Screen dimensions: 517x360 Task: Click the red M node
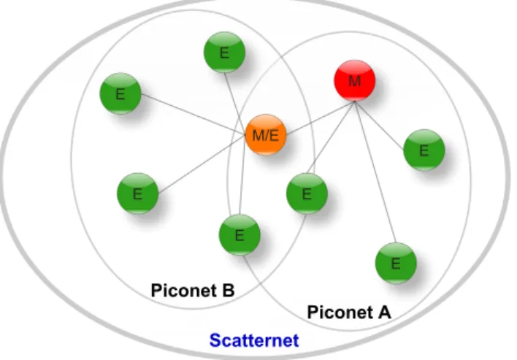pyautogui.click(x=355, y=80)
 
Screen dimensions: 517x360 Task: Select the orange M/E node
pyautogui.click(x=266, y=135)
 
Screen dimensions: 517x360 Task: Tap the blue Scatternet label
pyautogui.click(x=254, y=340)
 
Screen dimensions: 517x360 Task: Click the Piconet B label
pyautogui.click(x=193, y=291)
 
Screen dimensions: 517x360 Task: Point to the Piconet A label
pyautogui.click(x=349, y=312)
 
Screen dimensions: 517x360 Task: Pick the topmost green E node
pyautogui.click(x=224, y=52)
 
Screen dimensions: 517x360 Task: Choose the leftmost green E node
pyautogui.click(x=120, y=93)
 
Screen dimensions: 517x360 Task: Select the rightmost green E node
pyautogui.click(x=424, y=150)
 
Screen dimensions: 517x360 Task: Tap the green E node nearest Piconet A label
pyautogui.click(x=396, y=263)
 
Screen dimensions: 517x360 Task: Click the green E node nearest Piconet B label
pyautogui.click(x=240, y=234)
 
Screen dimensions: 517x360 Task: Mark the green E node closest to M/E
pyautogui.click(x=307, y=194)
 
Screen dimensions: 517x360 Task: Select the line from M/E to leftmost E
pyautogui.click(x=194, y=114)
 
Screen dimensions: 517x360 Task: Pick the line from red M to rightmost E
pyautogui.click(x=380, y=126)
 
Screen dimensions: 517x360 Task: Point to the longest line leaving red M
pyautogui.click(x=375, y=172)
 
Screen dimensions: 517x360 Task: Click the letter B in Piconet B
pyautogui.click(x=228, y=291)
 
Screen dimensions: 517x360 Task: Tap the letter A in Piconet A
pyautogui.click(x=384, y=312)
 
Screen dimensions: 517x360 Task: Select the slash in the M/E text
pyautogui.click(x=266, y=135)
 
